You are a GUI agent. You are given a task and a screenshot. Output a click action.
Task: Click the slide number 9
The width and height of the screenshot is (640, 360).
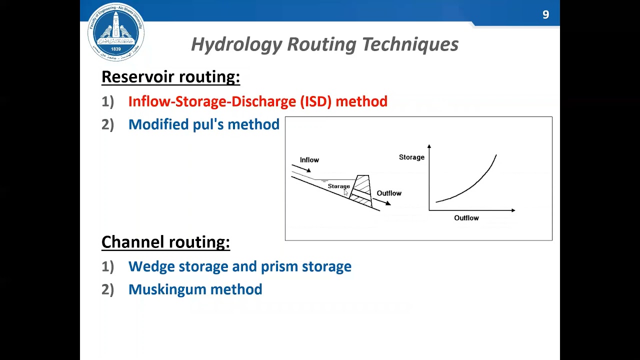(545, 15)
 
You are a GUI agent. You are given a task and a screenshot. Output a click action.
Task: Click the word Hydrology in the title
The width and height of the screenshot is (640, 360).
(236, 44)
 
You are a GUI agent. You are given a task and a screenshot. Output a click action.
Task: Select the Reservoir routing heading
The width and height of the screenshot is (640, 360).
(170, 77)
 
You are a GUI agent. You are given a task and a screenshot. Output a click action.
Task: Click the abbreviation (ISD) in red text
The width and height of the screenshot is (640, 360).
(315, 101)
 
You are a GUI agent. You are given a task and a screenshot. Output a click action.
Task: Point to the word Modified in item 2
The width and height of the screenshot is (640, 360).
(158, 124)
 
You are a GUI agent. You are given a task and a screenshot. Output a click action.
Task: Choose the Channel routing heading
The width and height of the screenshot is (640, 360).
(165, 242)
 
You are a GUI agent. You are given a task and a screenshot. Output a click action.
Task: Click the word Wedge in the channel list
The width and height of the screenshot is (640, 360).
(151, 266)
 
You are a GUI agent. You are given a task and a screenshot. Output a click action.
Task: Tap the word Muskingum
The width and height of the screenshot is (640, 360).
(167, 289)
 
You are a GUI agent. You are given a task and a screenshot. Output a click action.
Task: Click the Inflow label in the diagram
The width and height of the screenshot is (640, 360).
(309, 160)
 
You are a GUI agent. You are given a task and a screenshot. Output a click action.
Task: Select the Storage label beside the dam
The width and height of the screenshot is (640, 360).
(338, 186)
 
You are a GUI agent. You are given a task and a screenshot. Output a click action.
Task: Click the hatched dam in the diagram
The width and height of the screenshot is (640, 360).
(362, 190)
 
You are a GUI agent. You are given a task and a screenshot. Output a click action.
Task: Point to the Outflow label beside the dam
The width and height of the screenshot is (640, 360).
(389, 193)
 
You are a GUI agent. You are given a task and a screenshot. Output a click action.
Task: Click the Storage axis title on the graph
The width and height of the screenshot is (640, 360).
(411, 157)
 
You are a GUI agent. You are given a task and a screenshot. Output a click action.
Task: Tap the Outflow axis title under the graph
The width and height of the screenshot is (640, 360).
(466, 218)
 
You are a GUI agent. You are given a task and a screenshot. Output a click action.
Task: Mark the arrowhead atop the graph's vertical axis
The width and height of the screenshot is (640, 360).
(429, 146)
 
